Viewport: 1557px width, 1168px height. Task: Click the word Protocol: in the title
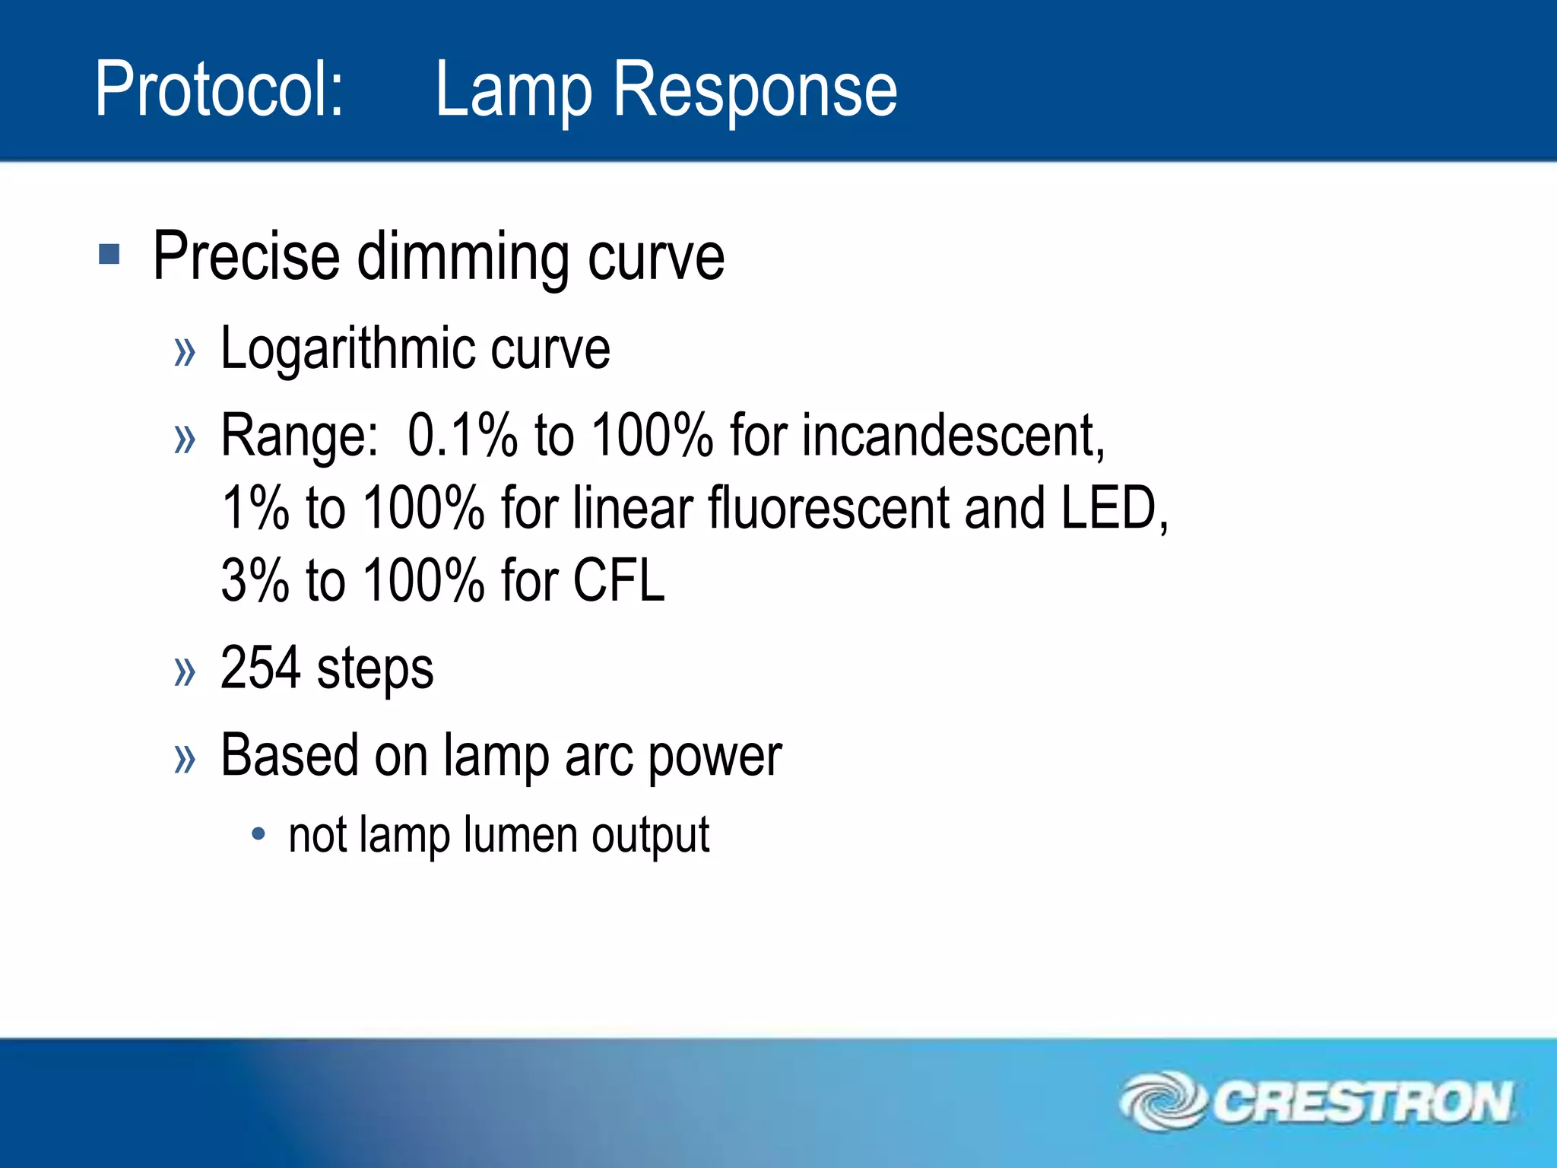(x=219, y=90)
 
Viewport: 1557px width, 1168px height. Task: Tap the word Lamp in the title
(x=513, y=90)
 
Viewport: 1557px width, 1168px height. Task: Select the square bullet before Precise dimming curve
(x=109, y=254)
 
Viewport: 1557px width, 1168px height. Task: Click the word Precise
(x=246, y=256)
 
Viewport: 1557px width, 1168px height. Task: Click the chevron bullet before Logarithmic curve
(x=185, y=351)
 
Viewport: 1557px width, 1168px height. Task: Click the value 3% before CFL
(x=255, y=580)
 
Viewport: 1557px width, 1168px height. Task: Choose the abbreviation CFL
(x=619, y=580)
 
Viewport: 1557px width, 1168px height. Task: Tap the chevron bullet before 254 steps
(x=185, y=671)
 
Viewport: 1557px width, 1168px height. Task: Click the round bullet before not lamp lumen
(x=258, y=834)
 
